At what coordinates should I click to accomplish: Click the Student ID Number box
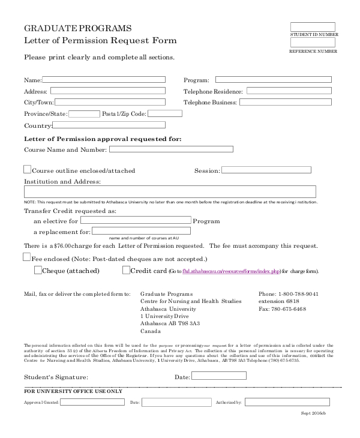coord(313,27)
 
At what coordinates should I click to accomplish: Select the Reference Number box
coord(313,43)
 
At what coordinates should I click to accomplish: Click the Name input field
coord(104,79)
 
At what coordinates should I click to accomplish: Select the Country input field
coord(109,125)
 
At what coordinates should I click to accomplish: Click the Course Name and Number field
coord(170,149)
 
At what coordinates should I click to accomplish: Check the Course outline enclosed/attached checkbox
coord(28,170)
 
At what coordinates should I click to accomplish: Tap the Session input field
coord(267,170)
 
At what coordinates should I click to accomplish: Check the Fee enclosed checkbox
coord(26,257)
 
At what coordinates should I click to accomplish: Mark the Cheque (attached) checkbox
coord(38,270)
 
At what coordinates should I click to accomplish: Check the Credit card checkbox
coord(126,270)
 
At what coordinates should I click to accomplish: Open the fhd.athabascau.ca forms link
coord(231,271)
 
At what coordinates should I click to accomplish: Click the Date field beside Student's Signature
coord(218,376)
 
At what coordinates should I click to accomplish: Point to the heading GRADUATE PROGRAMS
coord(77,28)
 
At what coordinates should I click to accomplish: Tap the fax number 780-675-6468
coord(289,309)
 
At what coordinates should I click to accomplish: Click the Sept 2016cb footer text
coord(313,413)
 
